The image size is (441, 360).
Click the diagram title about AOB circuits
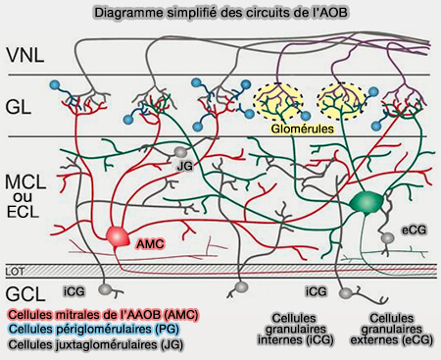(x=220, y=13)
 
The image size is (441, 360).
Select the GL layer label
(x=21, y=106)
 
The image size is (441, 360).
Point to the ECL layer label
(x=24, y=214)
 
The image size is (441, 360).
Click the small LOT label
(x=14, y=269)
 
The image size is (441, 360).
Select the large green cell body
(x=366, y=202)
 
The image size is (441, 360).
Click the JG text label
(x=182, y=168)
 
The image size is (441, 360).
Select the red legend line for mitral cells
(x=103, y=313)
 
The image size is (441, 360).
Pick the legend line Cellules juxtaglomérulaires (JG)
(x=102, y=346)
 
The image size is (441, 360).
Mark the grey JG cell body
(x=180, y=153)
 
